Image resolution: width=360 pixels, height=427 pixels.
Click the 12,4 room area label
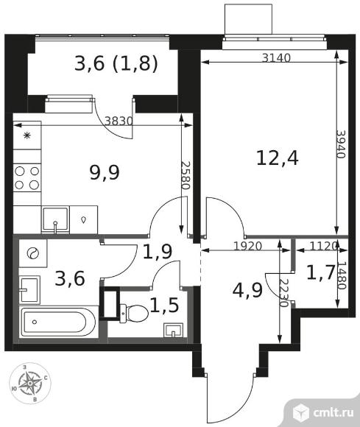(278, 158)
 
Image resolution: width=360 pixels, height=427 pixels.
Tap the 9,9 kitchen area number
(105, 173)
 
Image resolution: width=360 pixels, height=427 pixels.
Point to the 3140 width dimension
(276, 57)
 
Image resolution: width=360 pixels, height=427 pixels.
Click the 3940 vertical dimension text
(341, 144)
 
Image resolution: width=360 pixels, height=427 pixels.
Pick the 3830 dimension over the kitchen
(119, 121)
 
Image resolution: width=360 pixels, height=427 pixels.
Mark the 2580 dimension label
(185, 176)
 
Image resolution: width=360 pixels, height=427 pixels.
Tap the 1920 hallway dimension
(248, 246)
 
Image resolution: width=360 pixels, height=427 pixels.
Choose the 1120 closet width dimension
(323, 246)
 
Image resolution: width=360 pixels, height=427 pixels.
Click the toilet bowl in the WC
(134, 314)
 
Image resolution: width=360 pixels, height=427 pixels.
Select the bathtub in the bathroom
(58, 322)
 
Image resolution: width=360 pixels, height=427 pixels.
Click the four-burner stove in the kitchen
(27, 178)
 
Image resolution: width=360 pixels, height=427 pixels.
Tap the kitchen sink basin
(55, 220)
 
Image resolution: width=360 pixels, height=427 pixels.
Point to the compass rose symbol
(30, 383)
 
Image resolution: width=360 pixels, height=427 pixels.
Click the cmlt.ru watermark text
(333, 412)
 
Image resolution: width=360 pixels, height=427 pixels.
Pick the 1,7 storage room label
(320, 273)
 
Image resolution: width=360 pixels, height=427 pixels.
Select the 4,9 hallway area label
(247, 290)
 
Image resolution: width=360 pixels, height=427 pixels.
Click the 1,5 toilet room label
(164, 305)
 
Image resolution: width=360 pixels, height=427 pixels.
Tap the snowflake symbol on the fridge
(27, 135)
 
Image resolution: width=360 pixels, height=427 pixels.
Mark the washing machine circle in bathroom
(32, 253)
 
